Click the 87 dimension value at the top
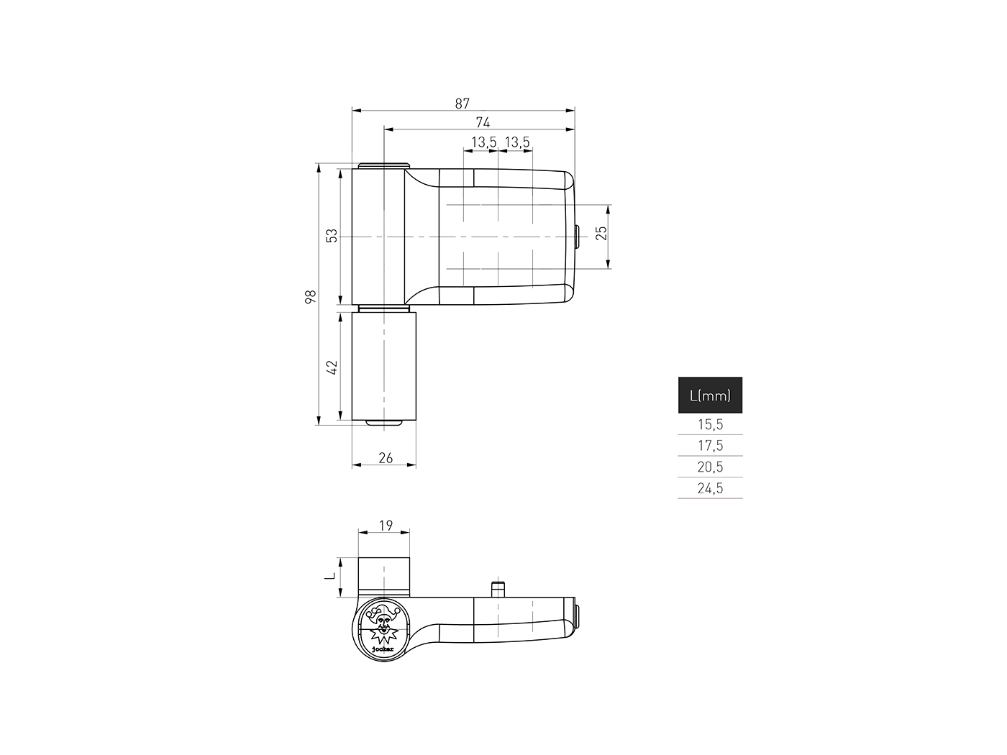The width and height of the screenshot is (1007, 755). click(x=463, y=104)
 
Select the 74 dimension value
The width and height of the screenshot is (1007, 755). click(x=483, y=123)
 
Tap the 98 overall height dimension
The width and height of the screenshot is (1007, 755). click(x=311, y=296)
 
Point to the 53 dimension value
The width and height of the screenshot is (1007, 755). click(x=332, y=236)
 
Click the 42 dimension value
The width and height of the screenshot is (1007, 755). click(x=332, y=367)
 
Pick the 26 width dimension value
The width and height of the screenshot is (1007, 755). click(x=386, y=458)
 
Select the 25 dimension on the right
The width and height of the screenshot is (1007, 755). click(x=602, y=233)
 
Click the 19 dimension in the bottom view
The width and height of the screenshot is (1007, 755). click(x=386, y=526)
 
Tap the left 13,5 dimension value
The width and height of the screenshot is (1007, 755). click(x=483, y=142)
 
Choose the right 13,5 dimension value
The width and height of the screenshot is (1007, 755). click(x=517, y=142)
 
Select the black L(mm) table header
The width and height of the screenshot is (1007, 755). click(x=710, y=395)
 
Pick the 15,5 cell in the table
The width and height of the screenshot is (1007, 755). click(x=710, y=424)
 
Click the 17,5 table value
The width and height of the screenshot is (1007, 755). click(x=710, y=446)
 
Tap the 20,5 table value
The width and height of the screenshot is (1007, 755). click(x=710, y=467)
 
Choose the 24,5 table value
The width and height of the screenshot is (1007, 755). click(x=710, y=488)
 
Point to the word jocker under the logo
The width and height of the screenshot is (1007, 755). click(x=383, y=649)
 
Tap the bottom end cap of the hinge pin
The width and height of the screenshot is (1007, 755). click(x=384, y=423)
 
